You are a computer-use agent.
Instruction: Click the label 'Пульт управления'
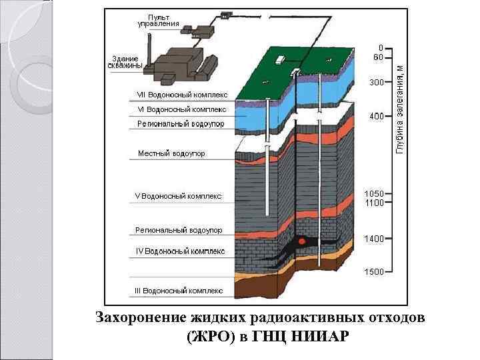pos(158,20)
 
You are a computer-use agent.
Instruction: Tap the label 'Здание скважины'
pos(125,62)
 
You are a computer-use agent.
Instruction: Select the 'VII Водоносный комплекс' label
pos(183,95)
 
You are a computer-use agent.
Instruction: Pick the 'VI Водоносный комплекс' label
pos(181,109)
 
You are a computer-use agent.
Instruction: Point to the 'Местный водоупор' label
pos(171,154)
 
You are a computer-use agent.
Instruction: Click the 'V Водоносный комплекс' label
pos(178,197)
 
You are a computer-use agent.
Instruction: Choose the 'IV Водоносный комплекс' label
pos(180,252)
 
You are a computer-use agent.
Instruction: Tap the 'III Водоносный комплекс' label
pos(179,291)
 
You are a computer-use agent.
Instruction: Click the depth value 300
pos(377,83)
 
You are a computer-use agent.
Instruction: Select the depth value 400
pos(377,117)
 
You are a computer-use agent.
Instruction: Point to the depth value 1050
pos(374,194)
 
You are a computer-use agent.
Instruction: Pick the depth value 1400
pos(374,239)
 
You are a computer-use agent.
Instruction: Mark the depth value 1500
pos(374,272)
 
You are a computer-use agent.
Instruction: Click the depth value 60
pos(378,57)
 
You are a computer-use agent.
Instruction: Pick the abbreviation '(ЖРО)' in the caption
pos(211,335)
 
